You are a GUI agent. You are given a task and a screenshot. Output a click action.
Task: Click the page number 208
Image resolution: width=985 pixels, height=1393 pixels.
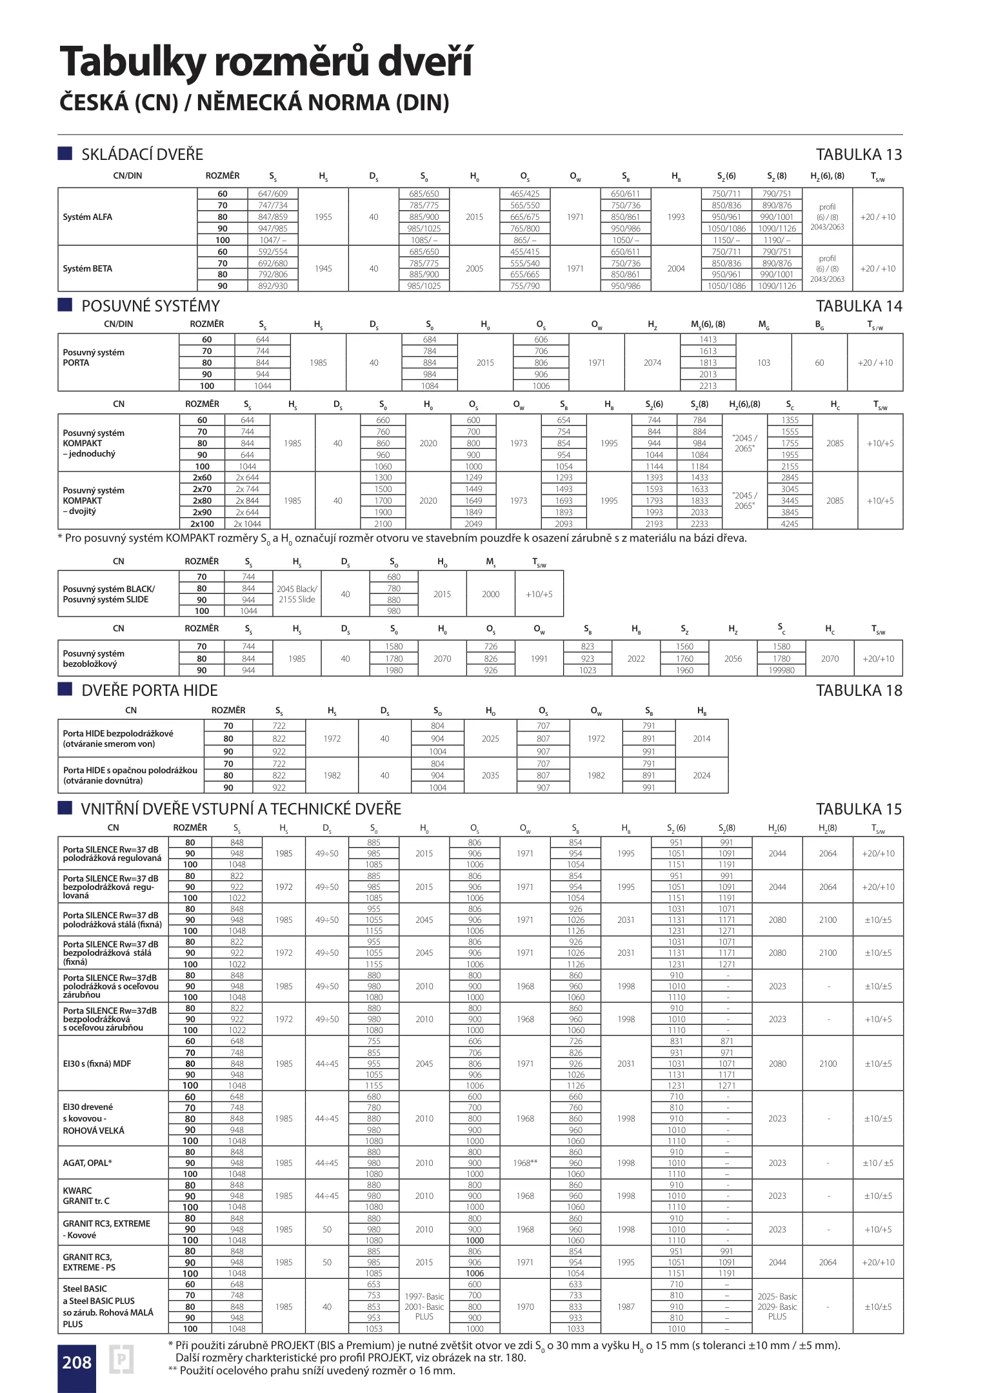[x=76, y=1362]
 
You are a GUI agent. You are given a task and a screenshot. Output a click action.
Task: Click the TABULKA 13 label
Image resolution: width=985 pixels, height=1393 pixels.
[x=859, y=155]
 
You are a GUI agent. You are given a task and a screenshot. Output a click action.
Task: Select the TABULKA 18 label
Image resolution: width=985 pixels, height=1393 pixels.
[x=859, y=691]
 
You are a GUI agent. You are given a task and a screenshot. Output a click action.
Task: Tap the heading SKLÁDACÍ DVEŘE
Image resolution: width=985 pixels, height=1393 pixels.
[x=142, y=155]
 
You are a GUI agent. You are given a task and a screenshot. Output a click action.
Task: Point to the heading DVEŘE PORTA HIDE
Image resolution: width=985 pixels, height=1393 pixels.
[x=149, y=691]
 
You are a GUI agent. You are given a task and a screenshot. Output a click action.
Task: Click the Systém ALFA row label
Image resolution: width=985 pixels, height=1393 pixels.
[x=88, y=217]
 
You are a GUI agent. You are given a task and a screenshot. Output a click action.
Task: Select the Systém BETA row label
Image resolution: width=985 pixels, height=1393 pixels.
[x=88, y=269]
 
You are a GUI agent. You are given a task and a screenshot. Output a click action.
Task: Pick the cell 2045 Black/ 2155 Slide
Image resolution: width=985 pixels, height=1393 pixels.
[x=297, y=594]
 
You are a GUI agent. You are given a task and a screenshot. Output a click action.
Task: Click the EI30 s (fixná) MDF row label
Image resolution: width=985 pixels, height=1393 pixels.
[x=97, y=1063]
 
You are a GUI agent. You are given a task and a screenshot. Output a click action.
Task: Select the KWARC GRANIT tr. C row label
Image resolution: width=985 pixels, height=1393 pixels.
[x=86, y=1196]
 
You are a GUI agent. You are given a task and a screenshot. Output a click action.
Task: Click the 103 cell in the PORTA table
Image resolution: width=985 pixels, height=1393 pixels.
[x=764, y=362]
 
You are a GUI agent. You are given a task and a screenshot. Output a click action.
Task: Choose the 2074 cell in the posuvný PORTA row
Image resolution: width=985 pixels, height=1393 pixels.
[x=652, y=362]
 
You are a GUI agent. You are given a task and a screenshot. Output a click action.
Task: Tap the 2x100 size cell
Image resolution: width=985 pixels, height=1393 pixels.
[x=202, y=524]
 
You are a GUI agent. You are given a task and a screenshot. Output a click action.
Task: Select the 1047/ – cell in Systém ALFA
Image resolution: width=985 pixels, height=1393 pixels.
[x=273, y=240]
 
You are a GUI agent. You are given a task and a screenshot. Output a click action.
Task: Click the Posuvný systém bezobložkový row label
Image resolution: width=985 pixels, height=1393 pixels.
[x=94, y=658]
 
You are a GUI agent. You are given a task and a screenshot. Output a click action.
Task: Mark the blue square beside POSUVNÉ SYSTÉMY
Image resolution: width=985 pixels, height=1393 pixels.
[x=65, y=305]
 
